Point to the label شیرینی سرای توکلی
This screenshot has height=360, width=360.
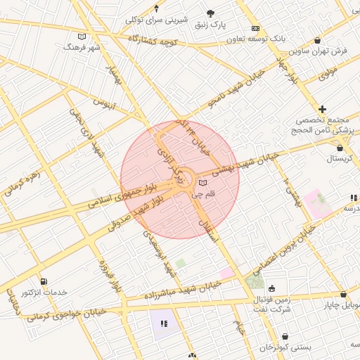point(156,19)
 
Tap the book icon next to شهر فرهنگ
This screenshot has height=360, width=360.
point(82,36)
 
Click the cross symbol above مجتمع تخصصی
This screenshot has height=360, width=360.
point(323,109)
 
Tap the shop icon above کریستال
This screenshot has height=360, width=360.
point(340,148)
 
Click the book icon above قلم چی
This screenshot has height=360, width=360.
point(202,184)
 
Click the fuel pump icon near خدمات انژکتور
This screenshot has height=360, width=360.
point(44,281)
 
